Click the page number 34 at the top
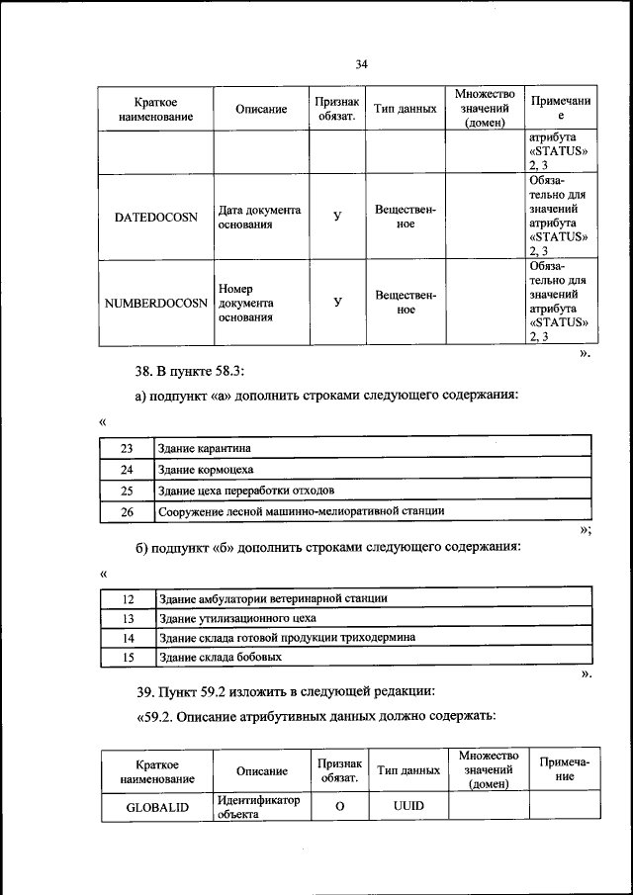click(x=361, y=64)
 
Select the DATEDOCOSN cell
click(x=156, y=217)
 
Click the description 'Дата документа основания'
click(x=259, y=218)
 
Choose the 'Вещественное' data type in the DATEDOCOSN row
click(x=406, y=218)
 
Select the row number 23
click(x=127, y=448)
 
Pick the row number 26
click(x=127, y=511)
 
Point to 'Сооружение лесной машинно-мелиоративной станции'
click(x=301, y=511)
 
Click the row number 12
click(x=127, y=598)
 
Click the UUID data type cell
click(x=407, y=807)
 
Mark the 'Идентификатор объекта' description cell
click(x=258, y=807)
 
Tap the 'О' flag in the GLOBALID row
click(x=338, y=807)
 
